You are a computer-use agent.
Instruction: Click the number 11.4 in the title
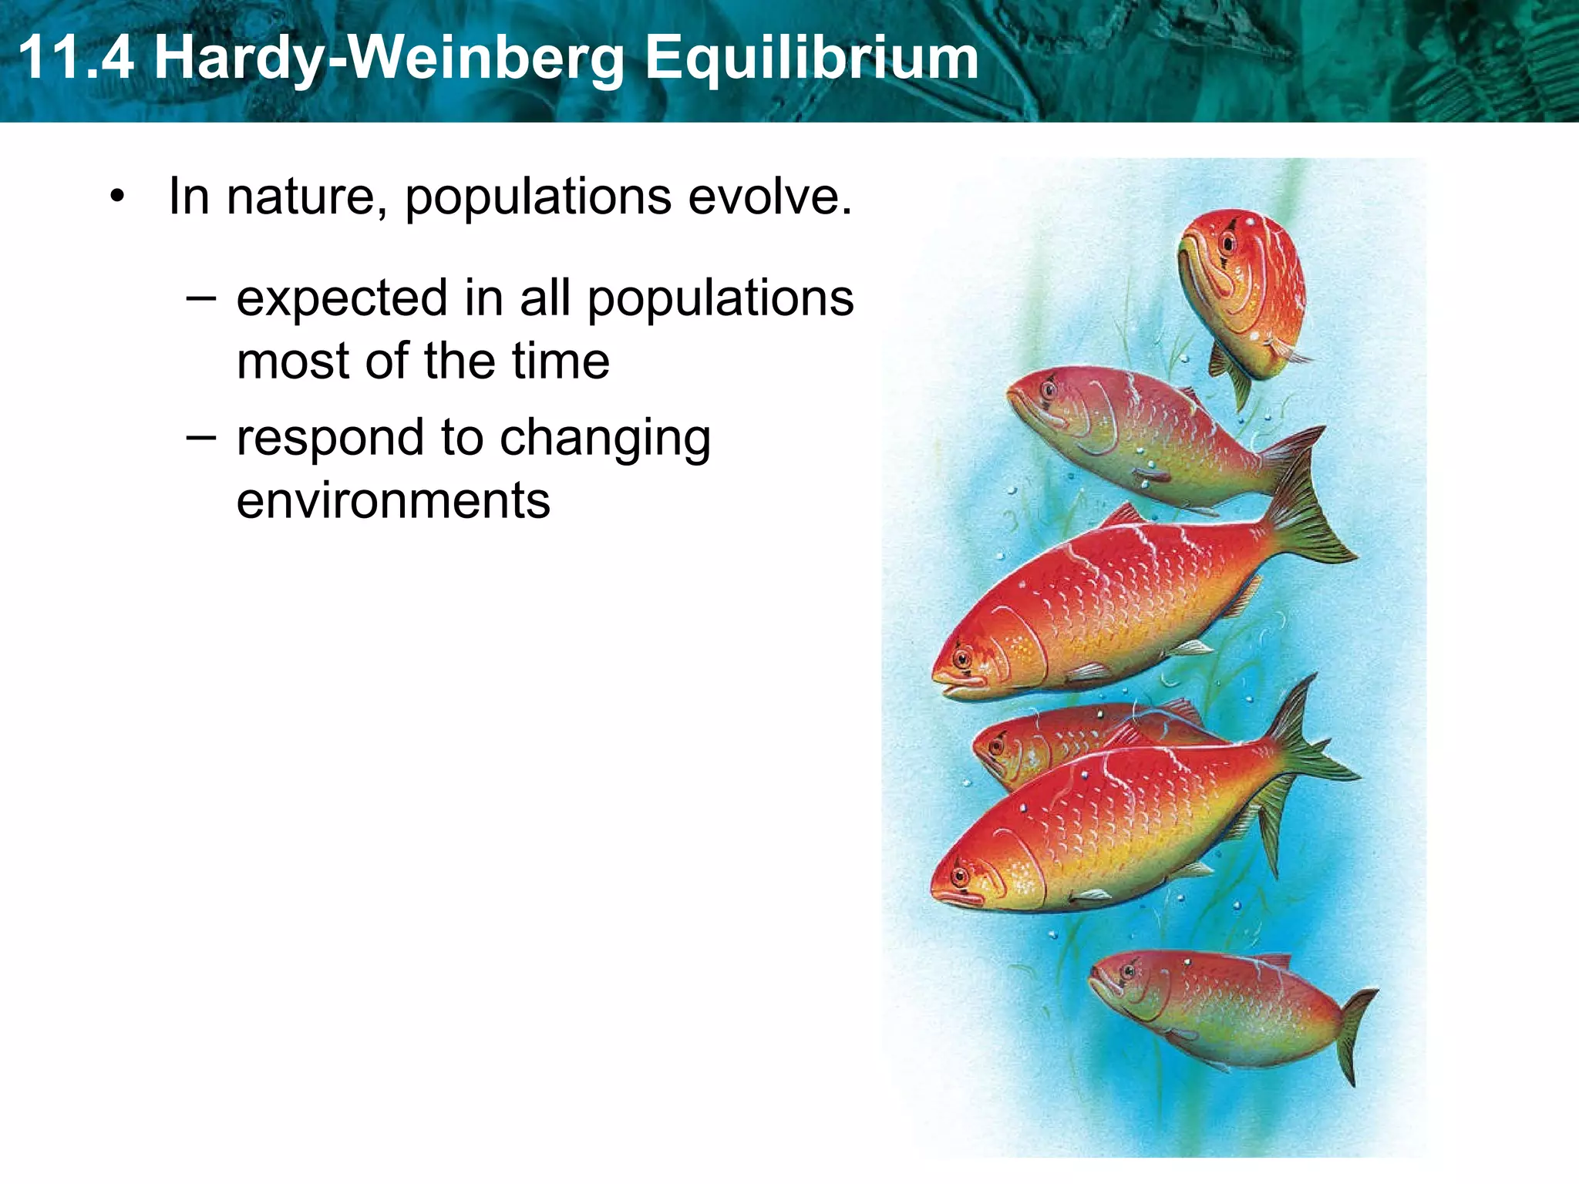click(76, 59)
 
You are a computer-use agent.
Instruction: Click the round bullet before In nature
click(116, 197)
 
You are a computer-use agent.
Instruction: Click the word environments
click(393, 501)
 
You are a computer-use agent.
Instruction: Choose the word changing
click(604, 439)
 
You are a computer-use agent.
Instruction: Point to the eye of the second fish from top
click(1049, 389)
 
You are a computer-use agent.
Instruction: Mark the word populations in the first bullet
click(538, 197)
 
